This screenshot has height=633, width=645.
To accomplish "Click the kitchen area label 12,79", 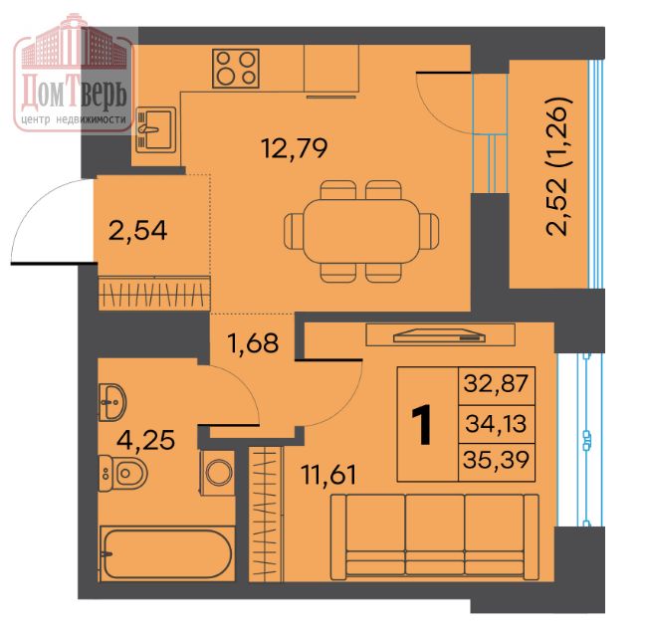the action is pyautogui.click(x=294, y=148).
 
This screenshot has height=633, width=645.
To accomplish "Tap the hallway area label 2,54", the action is pyautogui.click(x=137, y=230).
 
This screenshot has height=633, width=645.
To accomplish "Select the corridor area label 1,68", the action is pyautogui.click(x=254, y=343).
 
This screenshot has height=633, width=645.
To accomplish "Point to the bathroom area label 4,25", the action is pyautogui.click(x=145, y=440).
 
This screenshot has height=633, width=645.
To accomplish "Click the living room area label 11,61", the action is pyautogui.click(x=328, y=474).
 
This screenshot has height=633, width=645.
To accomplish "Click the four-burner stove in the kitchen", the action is pyautogui.click(x=236, y=69).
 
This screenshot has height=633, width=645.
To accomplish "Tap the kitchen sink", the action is pyautogui.click(x=155, y=130).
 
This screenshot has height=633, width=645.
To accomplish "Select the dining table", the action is pyautogui.click(x=361, y=232).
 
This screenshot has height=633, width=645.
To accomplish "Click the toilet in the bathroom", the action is pyautogui.click(x=123, y=473).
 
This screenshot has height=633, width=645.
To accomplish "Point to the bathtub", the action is pyautogui.click(x=167, y=553).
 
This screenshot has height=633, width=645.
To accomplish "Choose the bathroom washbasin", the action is pyautogui.click(x=112, y=403).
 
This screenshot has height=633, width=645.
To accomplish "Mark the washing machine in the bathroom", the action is pyautogui.click(x=218, y=473).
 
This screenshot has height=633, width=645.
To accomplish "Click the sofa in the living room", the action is pyautogui.click(x=435, y=536).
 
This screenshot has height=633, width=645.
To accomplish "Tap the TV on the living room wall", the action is pyautogui.click(x=439, y=336).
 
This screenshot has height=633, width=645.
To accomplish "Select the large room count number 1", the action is pyautogui.click(x=422, y=424).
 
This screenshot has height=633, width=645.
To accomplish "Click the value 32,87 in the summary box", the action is pyautogui.click(x=496, y=383).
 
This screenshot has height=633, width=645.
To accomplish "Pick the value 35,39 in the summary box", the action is pyautogui.click(x=496, y=460).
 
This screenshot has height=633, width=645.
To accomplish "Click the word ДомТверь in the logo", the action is pyautogui.click(x=74, y=92).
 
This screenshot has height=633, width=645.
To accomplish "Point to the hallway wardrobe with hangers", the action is pyautogui.click(x=154, y=293).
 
